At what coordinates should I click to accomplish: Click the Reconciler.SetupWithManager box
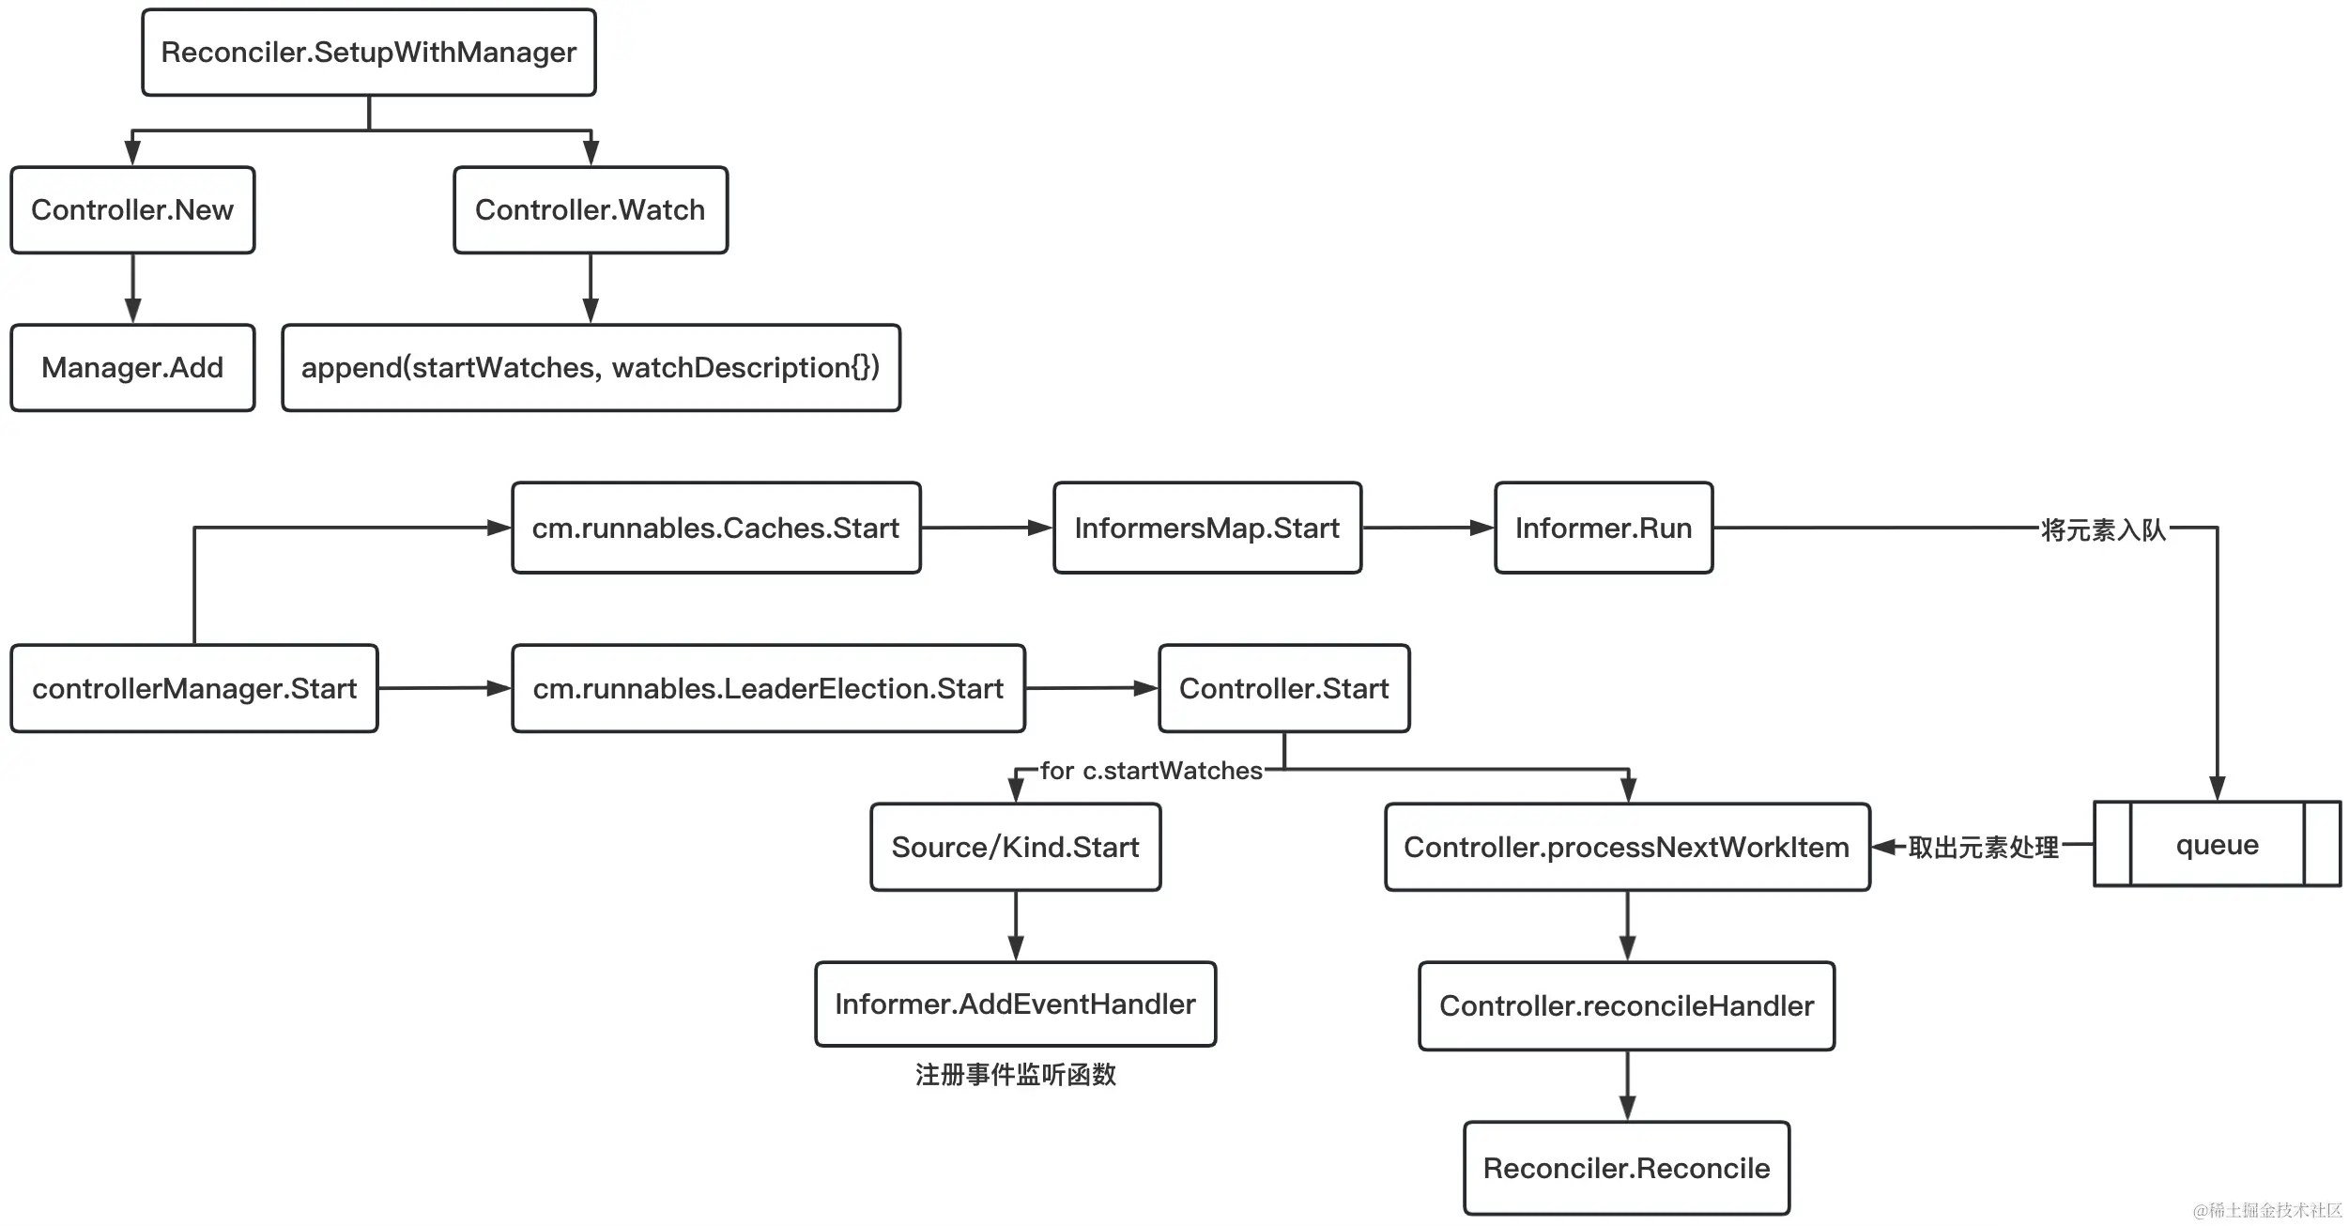[369, 53]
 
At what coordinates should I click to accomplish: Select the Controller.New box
[132, 210]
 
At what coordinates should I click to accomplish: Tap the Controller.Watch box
[591, 210]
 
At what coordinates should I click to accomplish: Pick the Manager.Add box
[132, 368]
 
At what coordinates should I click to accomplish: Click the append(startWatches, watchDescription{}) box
[591, 368]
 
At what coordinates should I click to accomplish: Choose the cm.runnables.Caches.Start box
[716, 528]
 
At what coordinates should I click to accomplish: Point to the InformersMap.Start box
[1207, 528]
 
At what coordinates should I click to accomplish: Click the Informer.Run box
[1604, 528]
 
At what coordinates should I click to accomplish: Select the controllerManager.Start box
[194, 688]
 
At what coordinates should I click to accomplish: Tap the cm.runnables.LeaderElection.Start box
[768, 688]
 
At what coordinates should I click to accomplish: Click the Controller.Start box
[1284, 688]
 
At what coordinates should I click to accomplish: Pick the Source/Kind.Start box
[1016, 847]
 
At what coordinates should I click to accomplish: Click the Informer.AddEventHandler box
[1016, 1004]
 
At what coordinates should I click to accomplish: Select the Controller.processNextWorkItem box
[1627, 847]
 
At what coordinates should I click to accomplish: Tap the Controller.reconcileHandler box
[1627, 1006]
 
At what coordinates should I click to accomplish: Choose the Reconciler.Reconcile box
[1627, 1168]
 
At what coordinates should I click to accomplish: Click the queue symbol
[2218, 844]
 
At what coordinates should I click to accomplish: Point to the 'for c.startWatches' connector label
[1152, 771]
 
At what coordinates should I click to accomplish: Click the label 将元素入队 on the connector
[2103, 530]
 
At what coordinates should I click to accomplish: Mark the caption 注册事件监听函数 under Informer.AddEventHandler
[1016, 1075]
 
